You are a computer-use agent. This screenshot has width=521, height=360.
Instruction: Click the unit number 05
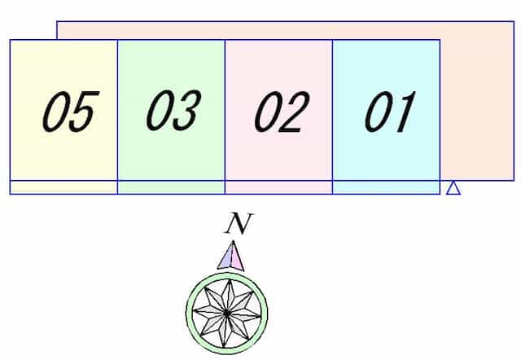[x=71, y=111]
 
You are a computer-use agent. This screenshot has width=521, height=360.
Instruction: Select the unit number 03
[x=173, y=110]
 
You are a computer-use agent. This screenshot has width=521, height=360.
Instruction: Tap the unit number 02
[x=282, y=112]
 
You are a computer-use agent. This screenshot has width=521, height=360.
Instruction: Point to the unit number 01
[x=390, y=112]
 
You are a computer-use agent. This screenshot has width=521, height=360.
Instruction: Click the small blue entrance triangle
[x=453, y=188]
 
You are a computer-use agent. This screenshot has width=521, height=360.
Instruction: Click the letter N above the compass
[x=239, y=223]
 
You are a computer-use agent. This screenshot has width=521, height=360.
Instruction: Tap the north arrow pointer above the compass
[x=231, y=255]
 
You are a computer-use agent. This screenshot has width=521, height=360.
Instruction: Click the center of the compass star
[x=226, y=313]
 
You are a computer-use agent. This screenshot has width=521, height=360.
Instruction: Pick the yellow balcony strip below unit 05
[x=63, y=187]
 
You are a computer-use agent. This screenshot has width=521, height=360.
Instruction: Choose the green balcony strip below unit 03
[x=171, y=187]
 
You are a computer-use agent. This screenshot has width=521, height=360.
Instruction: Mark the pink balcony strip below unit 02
[x=278, y=187]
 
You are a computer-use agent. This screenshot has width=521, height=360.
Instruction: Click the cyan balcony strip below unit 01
[x=387, y=187]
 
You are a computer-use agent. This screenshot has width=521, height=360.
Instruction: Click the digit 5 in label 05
[x=84, y=111]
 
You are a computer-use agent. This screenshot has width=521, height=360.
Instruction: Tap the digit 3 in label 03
[x=186, y=110]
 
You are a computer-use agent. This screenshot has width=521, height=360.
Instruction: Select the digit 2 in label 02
[x=295, y=112]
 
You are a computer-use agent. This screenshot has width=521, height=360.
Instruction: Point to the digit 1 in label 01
[x=404, y=112]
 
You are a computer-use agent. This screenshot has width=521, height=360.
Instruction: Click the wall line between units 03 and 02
[x=225, y=117]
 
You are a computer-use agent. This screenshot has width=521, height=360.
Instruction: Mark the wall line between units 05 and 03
[x=117, y=117]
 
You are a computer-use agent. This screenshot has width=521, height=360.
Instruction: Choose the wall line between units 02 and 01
[x=333, y=117]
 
